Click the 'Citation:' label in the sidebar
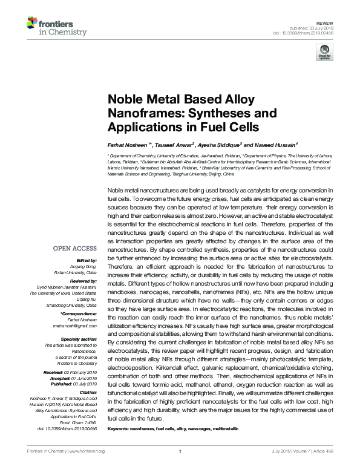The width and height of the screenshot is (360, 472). (x=87, y=392)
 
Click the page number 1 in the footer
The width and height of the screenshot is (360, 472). (x=180, y=468)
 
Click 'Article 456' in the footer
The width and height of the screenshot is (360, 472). (x=329, y=468)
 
